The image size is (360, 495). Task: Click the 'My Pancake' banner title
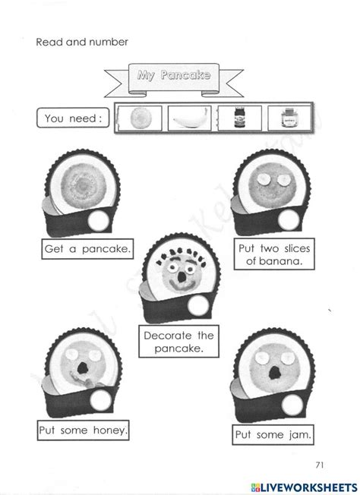pos(171,75)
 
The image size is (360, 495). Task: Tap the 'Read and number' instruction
pos(82,42)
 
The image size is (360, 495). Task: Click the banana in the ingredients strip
pos(188,119)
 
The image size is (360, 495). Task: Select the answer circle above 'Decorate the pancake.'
pos(195,306)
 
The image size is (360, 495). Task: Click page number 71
pos(318,464)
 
